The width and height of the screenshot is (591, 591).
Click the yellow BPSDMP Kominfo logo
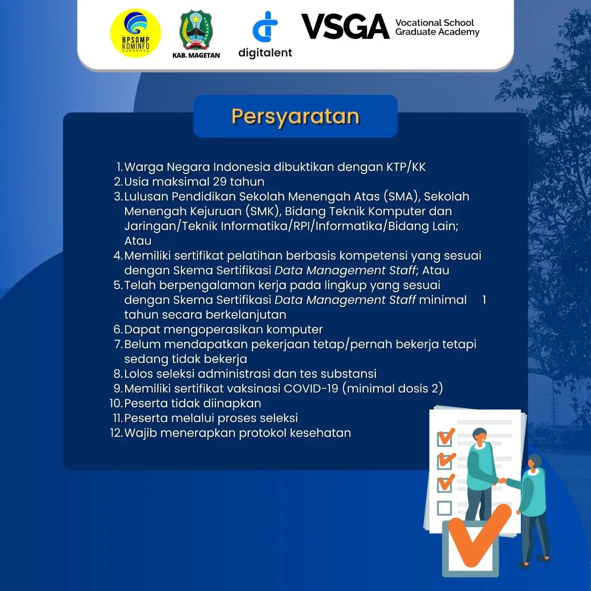135,33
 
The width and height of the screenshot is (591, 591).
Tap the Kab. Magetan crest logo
196,31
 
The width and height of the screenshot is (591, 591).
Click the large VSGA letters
345,27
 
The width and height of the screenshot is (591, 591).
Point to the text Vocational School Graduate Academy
437,27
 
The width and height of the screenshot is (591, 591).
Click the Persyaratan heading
295,116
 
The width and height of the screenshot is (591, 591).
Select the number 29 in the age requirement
220,181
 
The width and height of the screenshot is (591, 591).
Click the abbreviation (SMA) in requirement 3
401,196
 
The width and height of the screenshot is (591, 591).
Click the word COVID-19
311,388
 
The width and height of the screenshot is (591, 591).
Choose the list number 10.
116,403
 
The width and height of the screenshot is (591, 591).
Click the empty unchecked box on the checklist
444,508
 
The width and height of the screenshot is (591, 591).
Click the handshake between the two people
501,481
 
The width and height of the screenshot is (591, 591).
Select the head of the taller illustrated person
479,436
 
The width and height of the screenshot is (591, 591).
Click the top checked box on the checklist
445,438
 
